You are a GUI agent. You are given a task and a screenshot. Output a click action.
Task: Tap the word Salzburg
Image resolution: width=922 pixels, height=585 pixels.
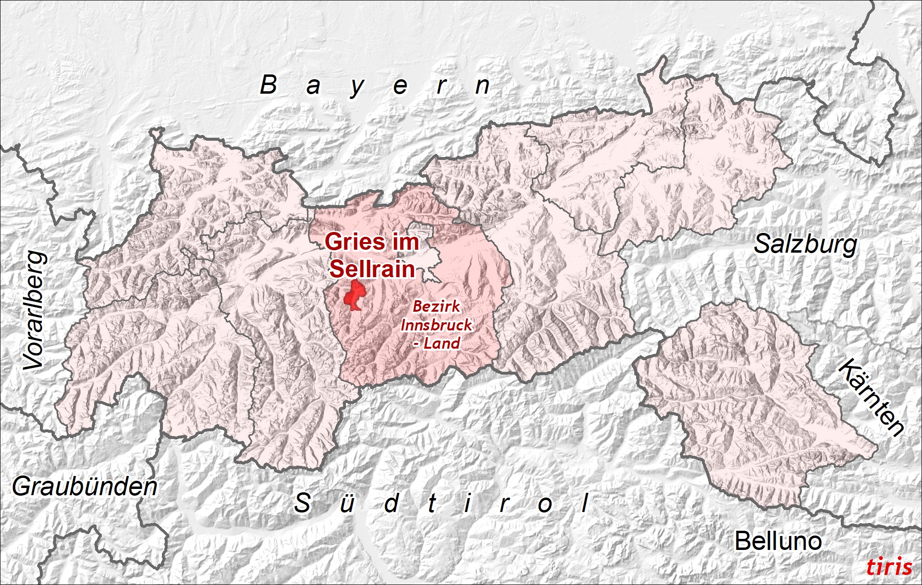[x=805, y=244]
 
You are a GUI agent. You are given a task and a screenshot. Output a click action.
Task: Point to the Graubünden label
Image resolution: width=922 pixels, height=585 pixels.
[x=85, y=487]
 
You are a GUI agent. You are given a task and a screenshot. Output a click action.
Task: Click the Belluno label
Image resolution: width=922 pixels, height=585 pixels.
[x=778, y=541]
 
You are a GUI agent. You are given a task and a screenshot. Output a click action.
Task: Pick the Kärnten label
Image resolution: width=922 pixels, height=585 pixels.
[x=871, y=397]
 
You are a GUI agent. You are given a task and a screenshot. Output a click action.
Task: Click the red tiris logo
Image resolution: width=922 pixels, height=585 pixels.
[x=889, y=567]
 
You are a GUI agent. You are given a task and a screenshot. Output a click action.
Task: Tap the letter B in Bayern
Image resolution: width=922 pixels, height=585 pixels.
[x=269, y=85]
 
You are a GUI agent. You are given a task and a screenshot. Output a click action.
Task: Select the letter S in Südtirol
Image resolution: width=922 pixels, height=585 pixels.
[x=302, y=503]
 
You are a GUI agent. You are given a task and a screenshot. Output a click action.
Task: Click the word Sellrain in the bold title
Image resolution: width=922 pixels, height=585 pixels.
[x=372, y=269]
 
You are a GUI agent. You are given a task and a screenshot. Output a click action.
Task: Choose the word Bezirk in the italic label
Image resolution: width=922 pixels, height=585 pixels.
[x=436, y=306]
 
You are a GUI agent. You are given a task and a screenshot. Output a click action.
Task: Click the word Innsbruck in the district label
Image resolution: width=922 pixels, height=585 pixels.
[x=436, y=325]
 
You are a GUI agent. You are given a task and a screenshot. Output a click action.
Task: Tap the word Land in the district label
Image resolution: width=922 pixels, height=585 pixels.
[x=442, y=343]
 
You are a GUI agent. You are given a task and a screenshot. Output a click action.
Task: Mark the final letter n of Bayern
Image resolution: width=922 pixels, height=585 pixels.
[x=482, y=85]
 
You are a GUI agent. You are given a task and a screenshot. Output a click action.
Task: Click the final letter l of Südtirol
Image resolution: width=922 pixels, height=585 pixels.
[x=585, y=503]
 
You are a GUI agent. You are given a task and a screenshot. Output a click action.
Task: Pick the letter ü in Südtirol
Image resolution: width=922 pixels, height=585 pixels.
[x=346, y=503]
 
